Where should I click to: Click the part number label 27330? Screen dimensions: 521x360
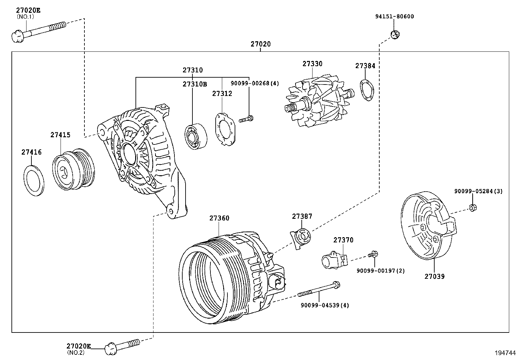[312, 64]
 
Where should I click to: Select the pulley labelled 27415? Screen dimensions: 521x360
[74, 169]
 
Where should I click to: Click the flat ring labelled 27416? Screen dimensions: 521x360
[34, 181]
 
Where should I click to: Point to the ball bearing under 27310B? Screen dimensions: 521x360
[196, 137]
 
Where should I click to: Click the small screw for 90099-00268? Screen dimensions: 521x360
[246, 119]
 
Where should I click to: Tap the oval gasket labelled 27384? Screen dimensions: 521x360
[367, 90]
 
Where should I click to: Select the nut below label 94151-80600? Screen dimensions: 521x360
[395, 35]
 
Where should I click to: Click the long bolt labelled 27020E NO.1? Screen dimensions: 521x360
[39, 32]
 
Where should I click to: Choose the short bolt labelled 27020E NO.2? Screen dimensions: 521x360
[122, 347]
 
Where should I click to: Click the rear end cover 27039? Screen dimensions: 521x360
[428, 225]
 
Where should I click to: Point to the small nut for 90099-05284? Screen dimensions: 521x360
[473, 207]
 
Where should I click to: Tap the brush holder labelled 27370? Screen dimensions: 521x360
[335, 260]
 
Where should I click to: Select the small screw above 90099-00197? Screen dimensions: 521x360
[373, 254]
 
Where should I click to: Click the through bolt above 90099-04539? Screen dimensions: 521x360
[319, 289]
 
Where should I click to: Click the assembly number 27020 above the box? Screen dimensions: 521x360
[260, 44]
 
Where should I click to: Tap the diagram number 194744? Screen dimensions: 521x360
[505, 353]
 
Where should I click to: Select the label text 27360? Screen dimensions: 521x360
[219, 218]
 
